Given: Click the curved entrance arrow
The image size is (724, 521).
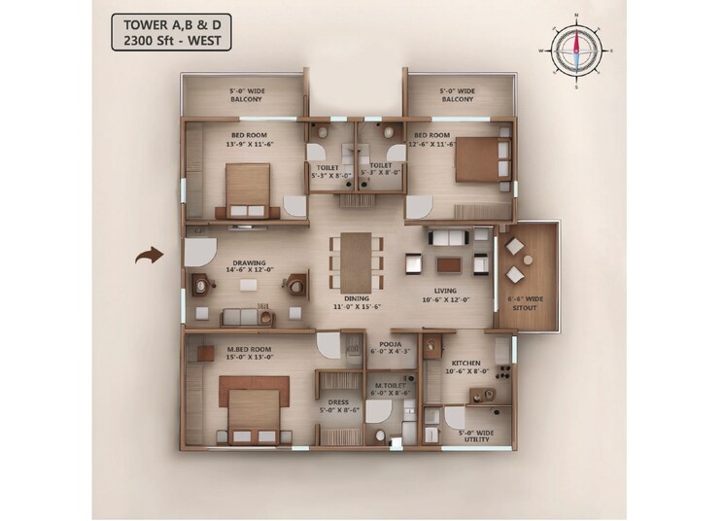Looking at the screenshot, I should pos(148,257).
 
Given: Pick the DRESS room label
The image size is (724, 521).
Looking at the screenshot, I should pos(337,405).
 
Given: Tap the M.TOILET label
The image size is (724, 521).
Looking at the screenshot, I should pos(391,388).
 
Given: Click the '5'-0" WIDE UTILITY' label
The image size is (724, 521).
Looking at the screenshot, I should pos(469,435).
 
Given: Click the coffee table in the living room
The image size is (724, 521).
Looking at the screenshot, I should pos(449,263).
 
